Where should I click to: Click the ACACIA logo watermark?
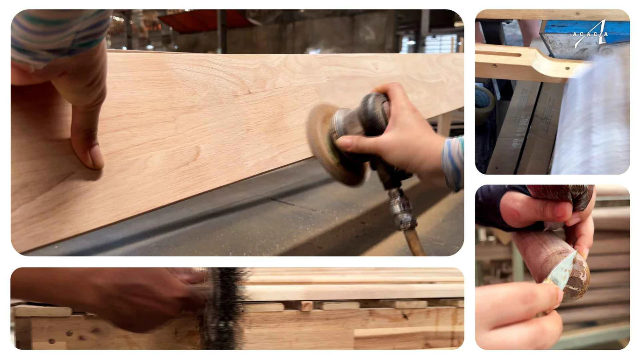(590, 34)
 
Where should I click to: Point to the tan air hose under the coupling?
(414, 242)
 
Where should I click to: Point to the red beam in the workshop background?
(203, 21)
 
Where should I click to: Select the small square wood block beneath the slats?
(306, 306)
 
